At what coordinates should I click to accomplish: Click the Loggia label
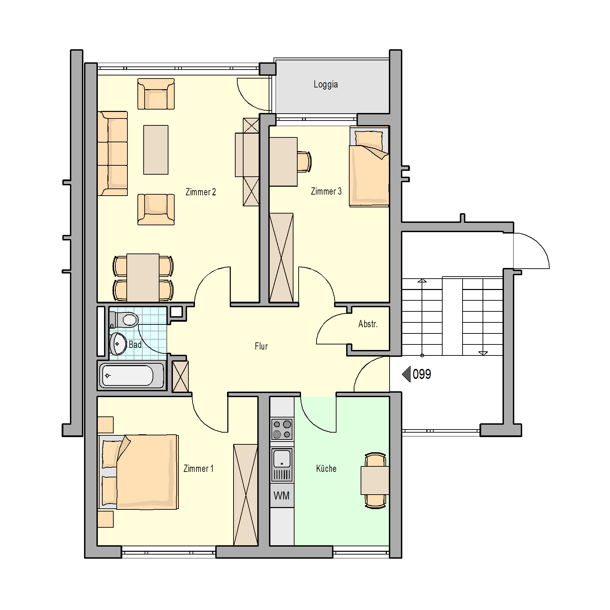pos(325,85)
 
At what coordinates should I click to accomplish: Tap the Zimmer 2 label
pos(200,192)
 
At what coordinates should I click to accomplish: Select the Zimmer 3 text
pos(326,191)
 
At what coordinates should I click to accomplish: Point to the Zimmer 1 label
pos(198,468)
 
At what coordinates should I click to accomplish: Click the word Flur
pos(261,346)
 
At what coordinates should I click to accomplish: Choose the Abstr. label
pos(368,324)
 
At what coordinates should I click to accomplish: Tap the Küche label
pos(326,468)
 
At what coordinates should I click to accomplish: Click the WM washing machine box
pos(282,495)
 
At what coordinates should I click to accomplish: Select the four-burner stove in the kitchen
pos(282,429)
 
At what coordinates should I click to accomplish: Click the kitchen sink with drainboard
pos(282,465)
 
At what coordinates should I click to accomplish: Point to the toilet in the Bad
pos(124,320)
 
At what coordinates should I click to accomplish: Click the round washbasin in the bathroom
pos(118,344)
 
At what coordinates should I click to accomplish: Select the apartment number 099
pos(422,374)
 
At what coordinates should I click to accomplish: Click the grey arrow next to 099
pos(406,374)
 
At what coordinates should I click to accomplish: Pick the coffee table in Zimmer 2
pos(156,150)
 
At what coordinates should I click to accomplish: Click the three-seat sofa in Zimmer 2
pos(113,153)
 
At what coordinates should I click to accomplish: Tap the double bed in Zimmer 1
pos(138,472)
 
